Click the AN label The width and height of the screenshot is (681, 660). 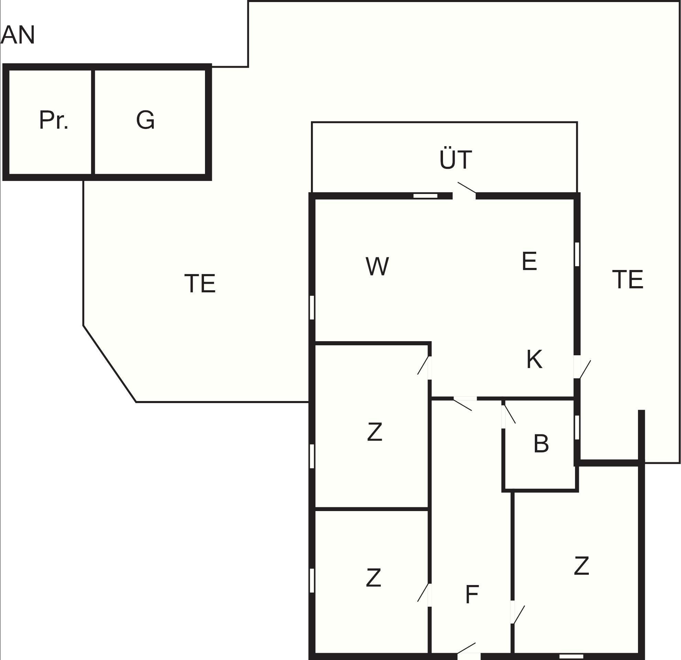[x=18, y=35]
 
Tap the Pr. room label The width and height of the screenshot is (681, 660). [x=54, y=120]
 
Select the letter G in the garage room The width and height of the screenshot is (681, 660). [x=145, y=120]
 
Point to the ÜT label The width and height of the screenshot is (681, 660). [x=455, y=160]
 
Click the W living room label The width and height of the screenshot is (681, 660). [x=377, y=266]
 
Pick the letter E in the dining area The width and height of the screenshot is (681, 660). [x=529, y=261]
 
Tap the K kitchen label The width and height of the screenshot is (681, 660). [x=534, y=359]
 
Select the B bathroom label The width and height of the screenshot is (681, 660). [x=541, y=444]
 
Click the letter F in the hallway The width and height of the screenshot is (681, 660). [x=472, y=594]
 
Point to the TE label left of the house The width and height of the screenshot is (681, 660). [x=200, y=283]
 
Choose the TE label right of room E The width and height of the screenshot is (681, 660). [x=627, y=279]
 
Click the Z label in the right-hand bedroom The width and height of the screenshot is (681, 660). [x=581, y=566]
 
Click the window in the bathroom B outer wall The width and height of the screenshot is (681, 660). [x=577, y=427]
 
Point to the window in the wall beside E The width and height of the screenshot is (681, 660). [x=577, y=254]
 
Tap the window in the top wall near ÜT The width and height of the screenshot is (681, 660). [x=425, y=196]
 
